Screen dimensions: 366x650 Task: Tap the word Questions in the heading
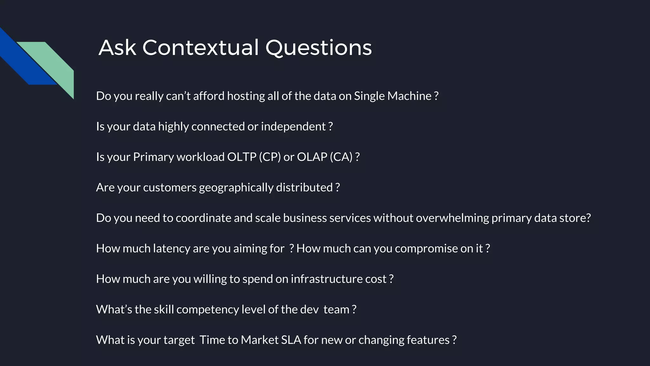click(318, 48)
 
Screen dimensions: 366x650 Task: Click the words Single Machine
click(393, 96)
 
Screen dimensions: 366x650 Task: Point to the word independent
click(293, 126)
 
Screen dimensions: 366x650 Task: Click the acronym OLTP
click(242, 157)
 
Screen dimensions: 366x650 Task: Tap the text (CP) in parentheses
click(270, 157)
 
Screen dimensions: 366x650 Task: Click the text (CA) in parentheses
click(341, 157)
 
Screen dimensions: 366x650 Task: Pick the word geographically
click(236, 187)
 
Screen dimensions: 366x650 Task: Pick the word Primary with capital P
click(153, 157)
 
